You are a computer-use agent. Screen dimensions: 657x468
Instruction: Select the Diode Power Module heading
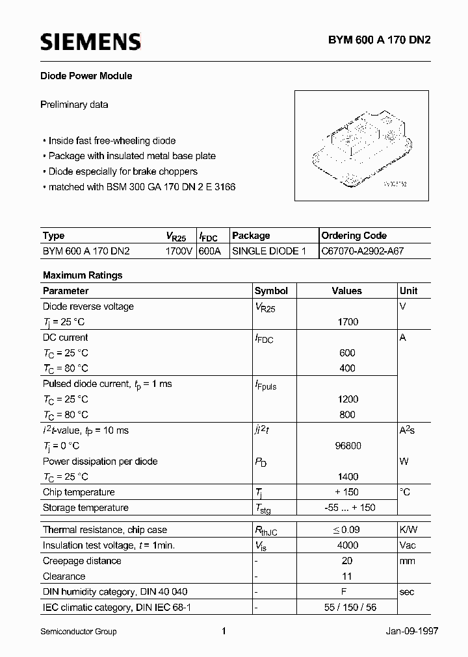coord(87,76)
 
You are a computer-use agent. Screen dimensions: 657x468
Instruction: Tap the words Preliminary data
coord(74,105)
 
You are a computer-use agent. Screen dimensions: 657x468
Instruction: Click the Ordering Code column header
coord(354,236)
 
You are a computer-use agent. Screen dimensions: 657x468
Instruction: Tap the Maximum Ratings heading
coord(83,275)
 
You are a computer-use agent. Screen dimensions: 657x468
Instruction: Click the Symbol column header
coord(271,291)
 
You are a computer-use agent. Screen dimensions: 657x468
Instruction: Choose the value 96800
coord(348,446)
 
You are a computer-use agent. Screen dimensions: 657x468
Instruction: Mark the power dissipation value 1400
coord(348,477)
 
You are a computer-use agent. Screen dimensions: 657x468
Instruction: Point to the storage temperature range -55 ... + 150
coord(348,508)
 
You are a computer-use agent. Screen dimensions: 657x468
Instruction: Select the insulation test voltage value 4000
coord(348,545)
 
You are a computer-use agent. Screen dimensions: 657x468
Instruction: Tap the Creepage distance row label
coord(82,561)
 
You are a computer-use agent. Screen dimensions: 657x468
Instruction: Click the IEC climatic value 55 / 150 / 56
coord(348,608)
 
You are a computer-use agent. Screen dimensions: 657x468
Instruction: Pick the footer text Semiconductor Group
coord(79,632)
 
